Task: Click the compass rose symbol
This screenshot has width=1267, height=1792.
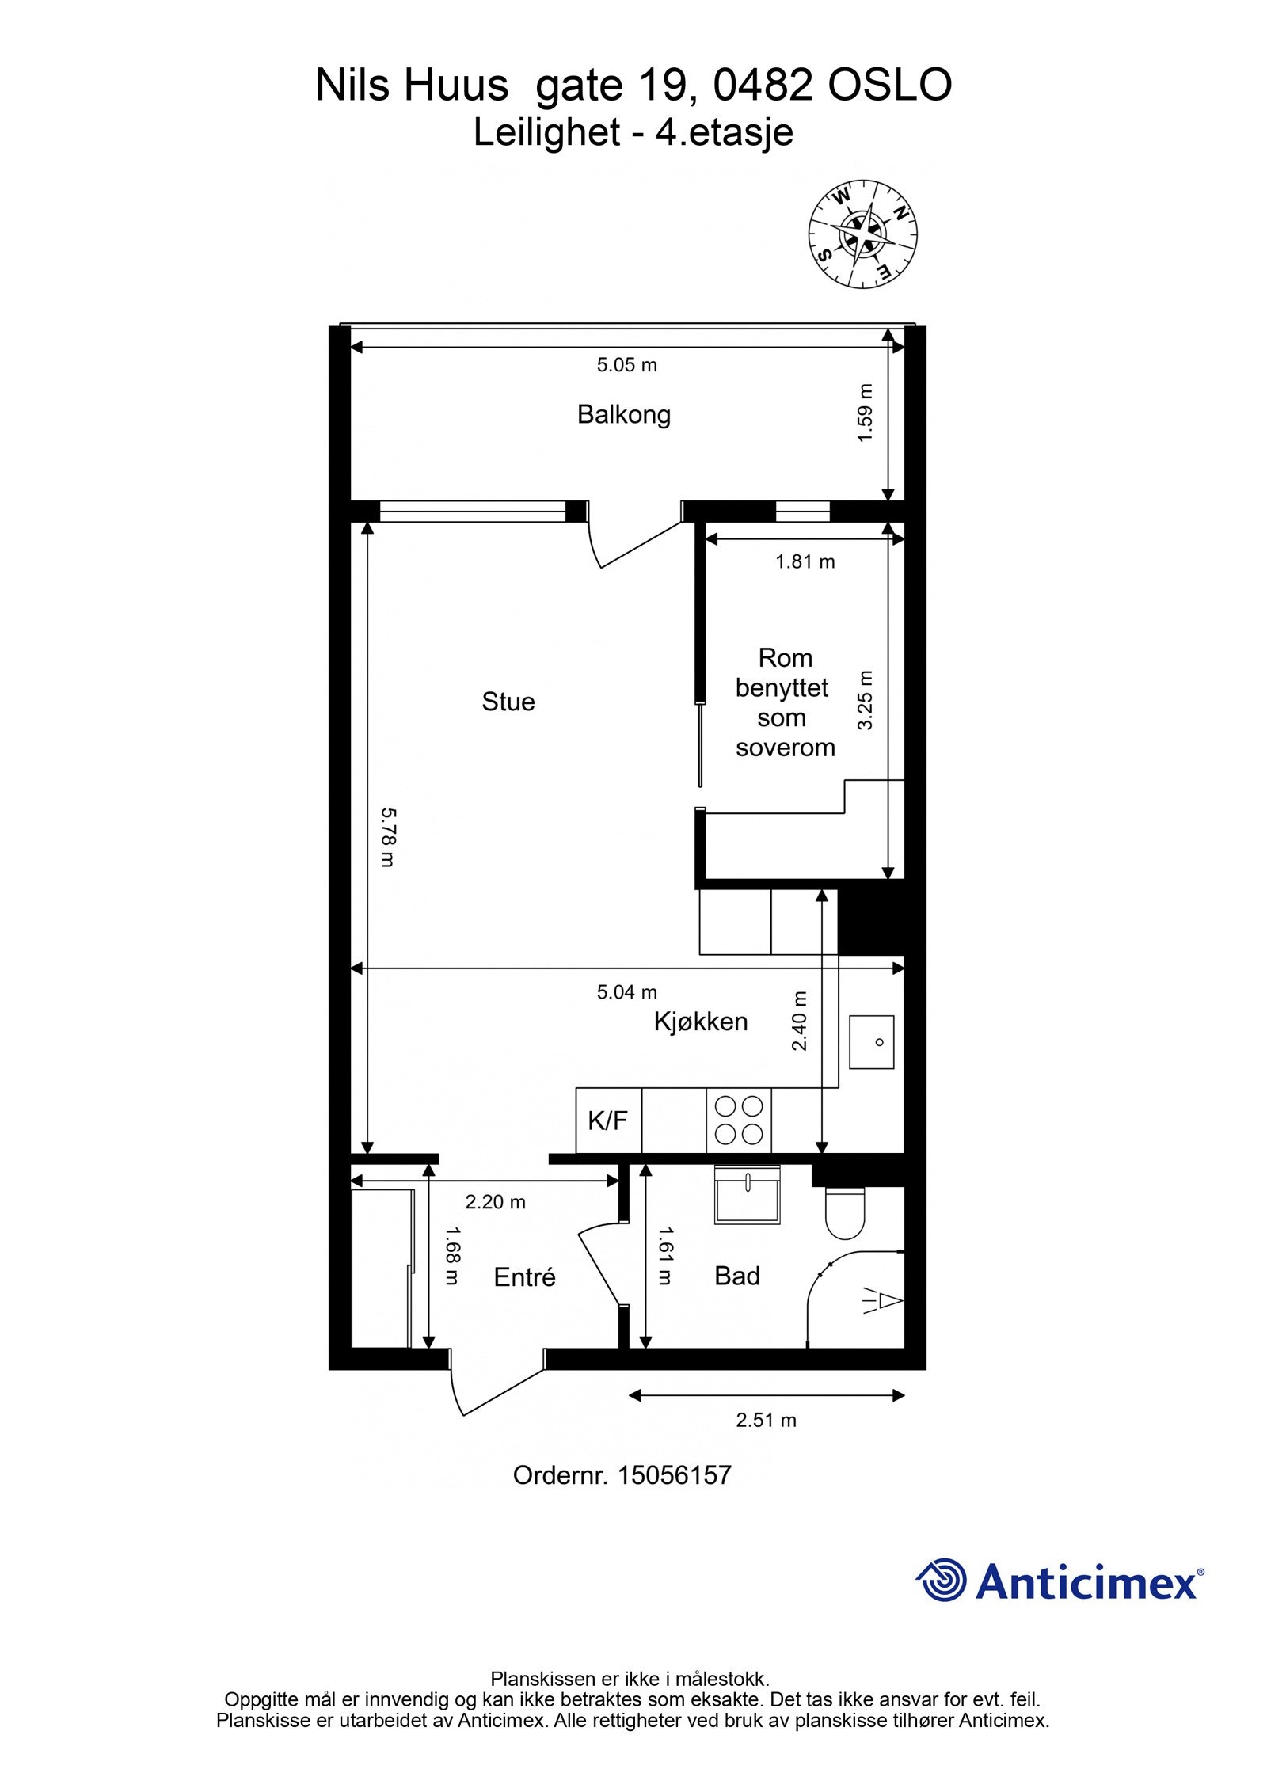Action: [862, 234]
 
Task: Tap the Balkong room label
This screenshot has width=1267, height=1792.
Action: [624, 415]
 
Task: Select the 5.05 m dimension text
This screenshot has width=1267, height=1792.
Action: [626, 365]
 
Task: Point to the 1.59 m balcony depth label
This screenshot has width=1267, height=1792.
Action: [866, 413]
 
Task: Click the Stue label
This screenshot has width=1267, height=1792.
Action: [508, 702]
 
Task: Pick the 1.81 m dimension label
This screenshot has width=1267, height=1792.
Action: [805, 561]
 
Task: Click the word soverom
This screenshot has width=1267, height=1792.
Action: [785, 748]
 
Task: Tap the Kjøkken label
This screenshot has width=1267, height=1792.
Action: [701, 1022]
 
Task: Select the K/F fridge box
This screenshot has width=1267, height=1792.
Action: [607, 1120]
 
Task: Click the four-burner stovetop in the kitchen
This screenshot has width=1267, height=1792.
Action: [738, 1120]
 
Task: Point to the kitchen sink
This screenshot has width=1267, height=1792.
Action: [871, 1042]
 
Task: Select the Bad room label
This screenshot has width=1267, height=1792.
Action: [737, 1276]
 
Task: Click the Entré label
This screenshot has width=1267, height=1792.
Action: [524, 1277]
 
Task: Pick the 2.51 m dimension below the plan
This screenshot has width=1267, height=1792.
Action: [766, 1420]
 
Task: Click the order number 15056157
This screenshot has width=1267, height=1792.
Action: [674, 1474]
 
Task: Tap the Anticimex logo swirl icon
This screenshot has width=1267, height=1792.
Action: [942, 1580]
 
